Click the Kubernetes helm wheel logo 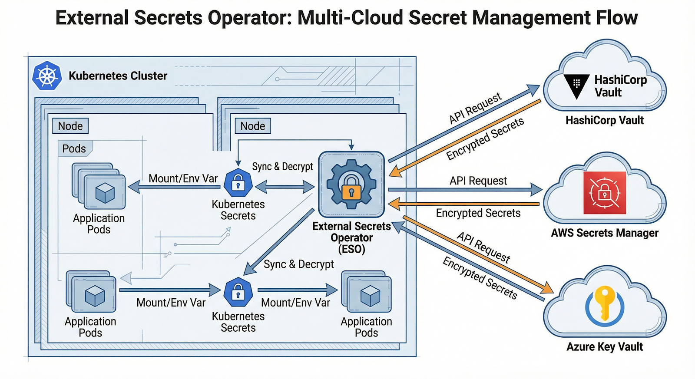coord(47,76)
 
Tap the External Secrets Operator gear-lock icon coord(351,184)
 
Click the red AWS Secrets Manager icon coord(605,193)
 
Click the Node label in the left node coord(70,126)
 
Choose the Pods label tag coord(74,148)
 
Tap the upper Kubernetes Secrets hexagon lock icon coord(238,183)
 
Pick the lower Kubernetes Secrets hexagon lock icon coord(238,292)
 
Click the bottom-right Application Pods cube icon coord(370,296)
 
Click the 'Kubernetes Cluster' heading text coord(118,76)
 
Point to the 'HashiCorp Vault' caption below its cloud coord(605,120)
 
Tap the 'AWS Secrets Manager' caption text coord(605,233)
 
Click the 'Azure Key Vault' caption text coord(605,347)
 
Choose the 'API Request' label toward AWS coord(478,181)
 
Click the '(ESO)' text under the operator coord(351,249)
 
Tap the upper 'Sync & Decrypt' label coord(282,167)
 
